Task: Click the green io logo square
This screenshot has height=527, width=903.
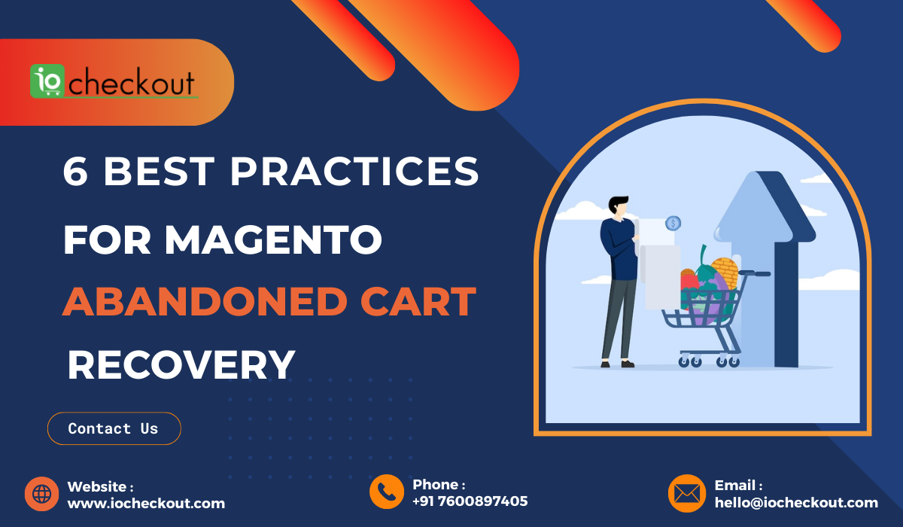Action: [47, 81]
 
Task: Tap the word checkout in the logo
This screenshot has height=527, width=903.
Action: [132, 82]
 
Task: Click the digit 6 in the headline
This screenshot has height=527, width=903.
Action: [75, 171]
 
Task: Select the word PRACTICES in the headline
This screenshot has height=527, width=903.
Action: [354, 171]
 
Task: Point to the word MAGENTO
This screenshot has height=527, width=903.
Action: [273, 239]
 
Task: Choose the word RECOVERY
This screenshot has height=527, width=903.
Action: [181, 364]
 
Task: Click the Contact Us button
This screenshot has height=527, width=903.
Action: [114, 428]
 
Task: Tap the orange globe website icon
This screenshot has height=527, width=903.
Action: [42, 494]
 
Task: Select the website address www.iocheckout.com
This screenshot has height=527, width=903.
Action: [146, 503]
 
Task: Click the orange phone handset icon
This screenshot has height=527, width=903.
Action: [387, 492]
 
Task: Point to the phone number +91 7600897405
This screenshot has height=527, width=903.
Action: [470, 501]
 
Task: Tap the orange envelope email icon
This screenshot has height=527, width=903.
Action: [687, 493]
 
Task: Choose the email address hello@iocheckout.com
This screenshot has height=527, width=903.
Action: [796, 502]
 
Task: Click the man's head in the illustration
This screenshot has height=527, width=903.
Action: [619, 206]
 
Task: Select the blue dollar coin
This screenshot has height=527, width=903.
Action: [673, 223]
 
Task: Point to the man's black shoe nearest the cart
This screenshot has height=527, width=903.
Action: [628, 364]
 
